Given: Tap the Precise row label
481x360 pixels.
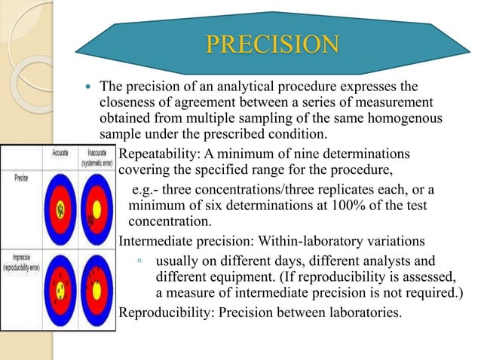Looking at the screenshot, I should click(x=20, y=178).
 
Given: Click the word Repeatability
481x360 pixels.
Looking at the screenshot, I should click(x=158, y=152).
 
